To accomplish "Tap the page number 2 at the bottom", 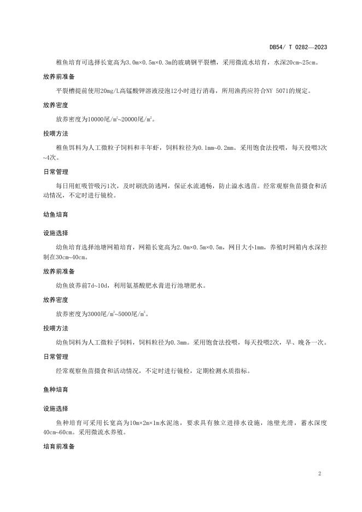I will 319,473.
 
